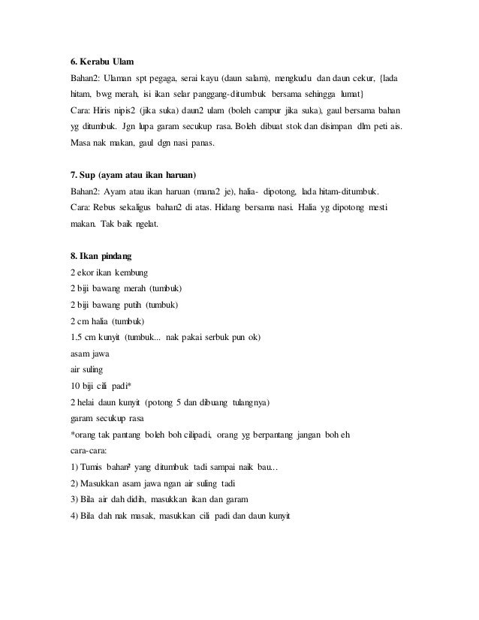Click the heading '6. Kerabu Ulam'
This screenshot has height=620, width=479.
tap(100, 62)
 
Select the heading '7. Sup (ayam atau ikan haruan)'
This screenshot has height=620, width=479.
tap(132, 175)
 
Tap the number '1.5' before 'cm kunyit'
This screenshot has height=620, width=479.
tap(76, 338)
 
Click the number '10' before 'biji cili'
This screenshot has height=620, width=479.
tap(74, 387)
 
